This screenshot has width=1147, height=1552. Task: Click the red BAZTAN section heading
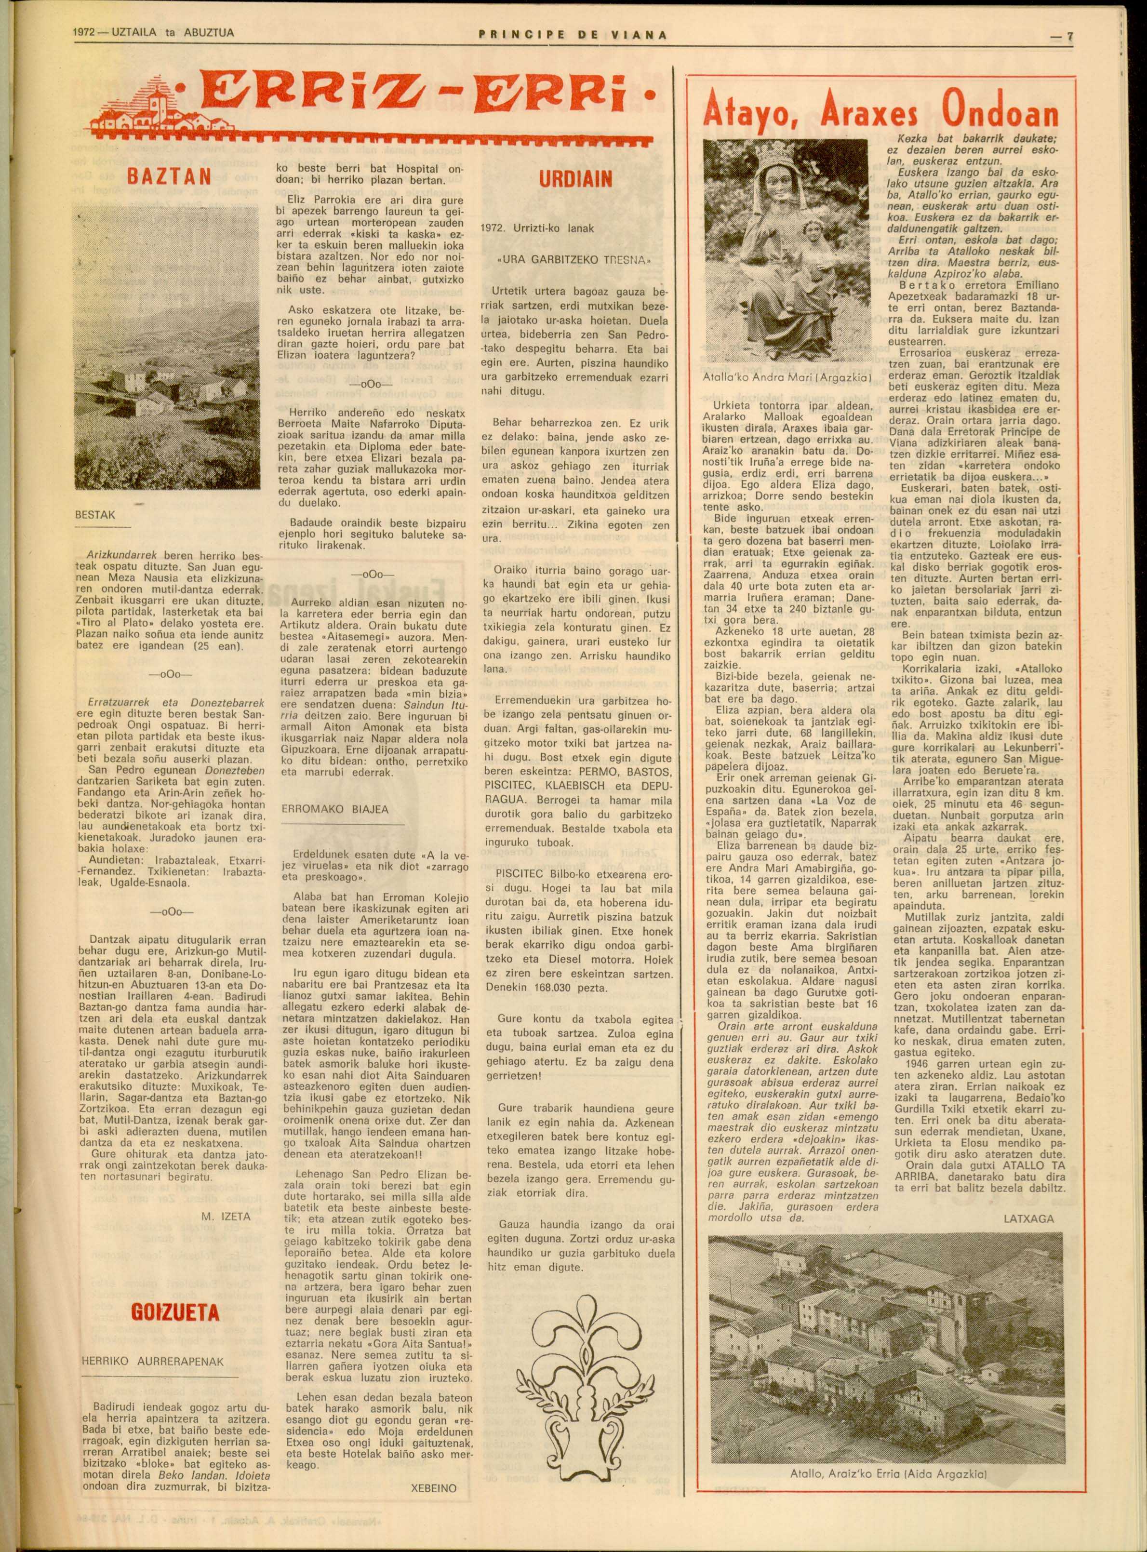(x=170, y=176)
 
